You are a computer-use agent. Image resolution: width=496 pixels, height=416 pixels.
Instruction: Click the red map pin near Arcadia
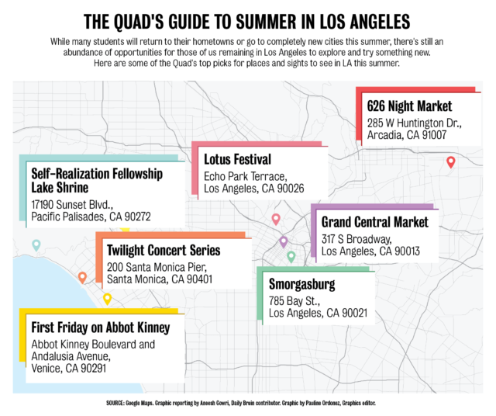tap(450, 162)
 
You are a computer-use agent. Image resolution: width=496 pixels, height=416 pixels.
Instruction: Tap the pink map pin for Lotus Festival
tap(275, 220)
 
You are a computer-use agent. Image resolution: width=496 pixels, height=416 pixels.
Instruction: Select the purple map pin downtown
tap(284, 242)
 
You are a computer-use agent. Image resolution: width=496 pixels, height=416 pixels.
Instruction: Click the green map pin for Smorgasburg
tap(291, 257)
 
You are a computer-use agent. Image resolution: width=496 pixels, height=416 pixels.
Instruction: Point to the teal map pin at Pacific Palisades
tap(36, 246)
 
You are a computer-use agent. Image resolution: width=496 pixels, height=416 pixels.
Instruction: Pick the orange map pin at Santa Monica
tap(82, 277)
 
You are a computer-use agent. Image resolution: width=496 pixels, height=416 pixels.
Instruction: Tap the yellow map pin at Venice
tap(107, 299)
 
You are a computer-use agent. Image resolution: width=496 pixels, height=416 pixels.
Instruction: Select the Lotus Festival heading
tap(237, 160)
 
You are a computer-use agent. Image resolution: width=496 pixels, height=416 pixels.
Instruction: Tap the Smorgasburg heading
tap(307, 283)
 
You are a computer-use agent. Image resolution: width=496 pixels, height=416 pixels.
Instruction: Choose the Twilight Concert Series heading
tap(164, 251)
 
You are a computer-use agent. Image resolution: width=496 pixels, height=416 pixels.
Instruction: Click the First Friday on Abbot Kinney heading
tap(100, 328)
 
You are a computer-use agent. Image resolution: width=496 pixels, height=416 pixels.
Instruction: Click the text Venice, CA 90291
tap(68, 368)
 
